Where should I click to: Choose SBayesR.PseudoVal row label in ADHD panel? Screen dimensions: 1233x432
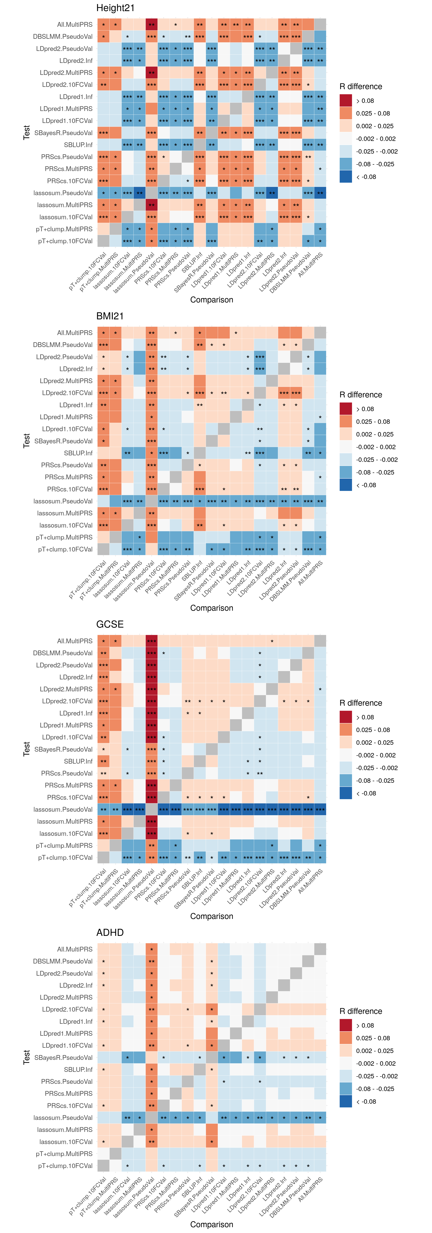63,1057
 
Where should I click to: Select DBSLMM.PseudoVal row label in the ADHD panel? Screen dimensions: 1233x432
63,961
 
